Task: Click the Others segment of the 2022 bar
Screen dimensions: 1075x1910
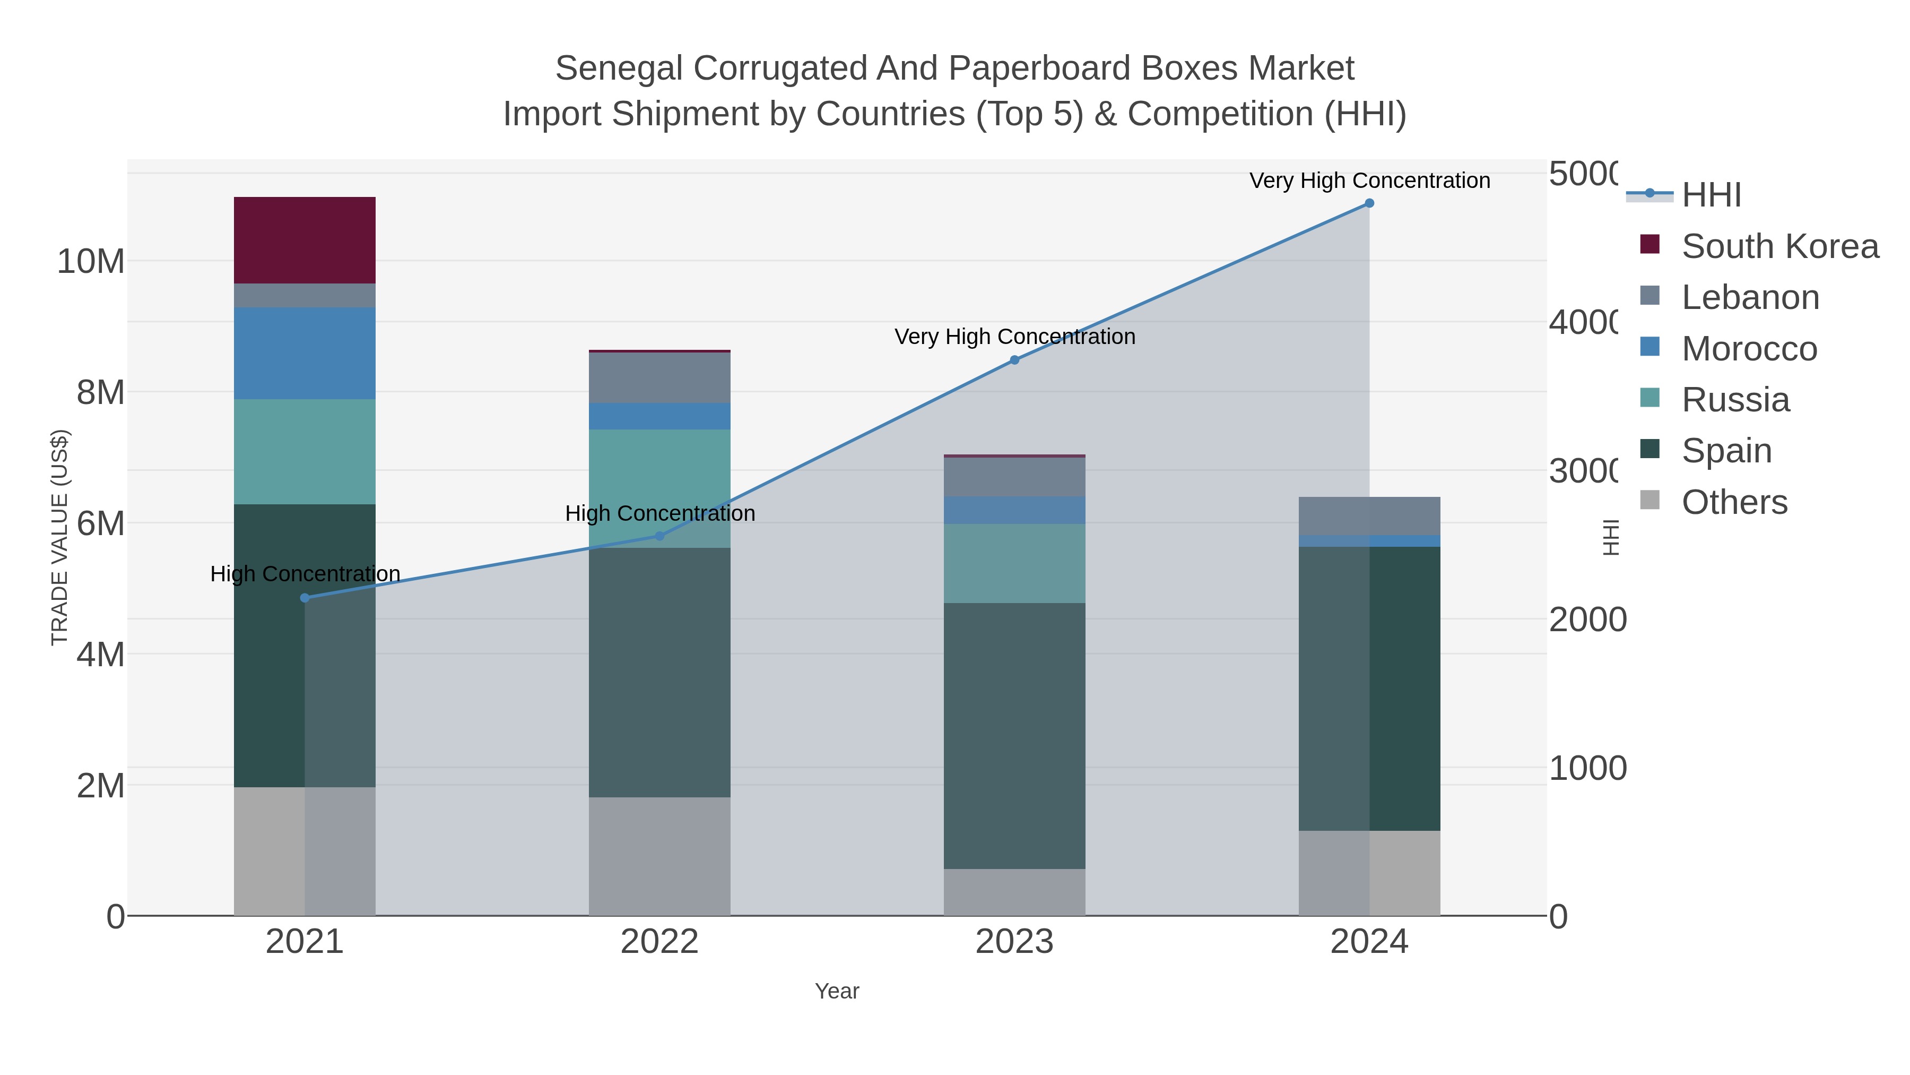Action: pos(659,856)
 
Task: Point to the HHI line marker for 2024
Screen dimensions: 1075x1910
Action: pos(1369,203)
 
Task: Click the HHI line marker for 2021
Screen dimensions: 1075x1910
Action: pos(305,598)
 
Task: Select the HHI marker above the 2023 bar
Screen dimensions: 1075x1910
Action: pos(1014,360)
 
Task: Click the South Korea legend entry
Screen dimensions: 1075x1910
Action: pos(1779,246)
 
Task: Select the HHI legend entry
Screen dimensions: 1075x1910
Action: pos(1711,195)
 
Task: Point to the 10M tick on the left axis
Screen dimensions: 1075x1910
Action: pos(90,261)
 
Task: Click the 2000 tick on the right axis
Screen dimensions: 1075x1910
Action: pos(1587,620)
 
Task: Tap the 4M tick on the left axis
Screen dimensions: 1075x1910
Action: pos(100,655)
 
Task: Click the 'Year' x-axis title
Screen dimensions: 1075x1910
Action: pos(836,991)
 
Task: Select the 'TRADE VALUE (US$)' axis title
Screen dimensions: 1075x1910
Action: pos(59,537)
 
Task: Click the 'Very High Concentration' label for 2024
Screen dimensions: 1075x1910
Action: pos(1369,180)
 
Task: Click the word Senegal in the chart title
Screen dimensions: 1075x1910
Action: pos(619,68)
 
